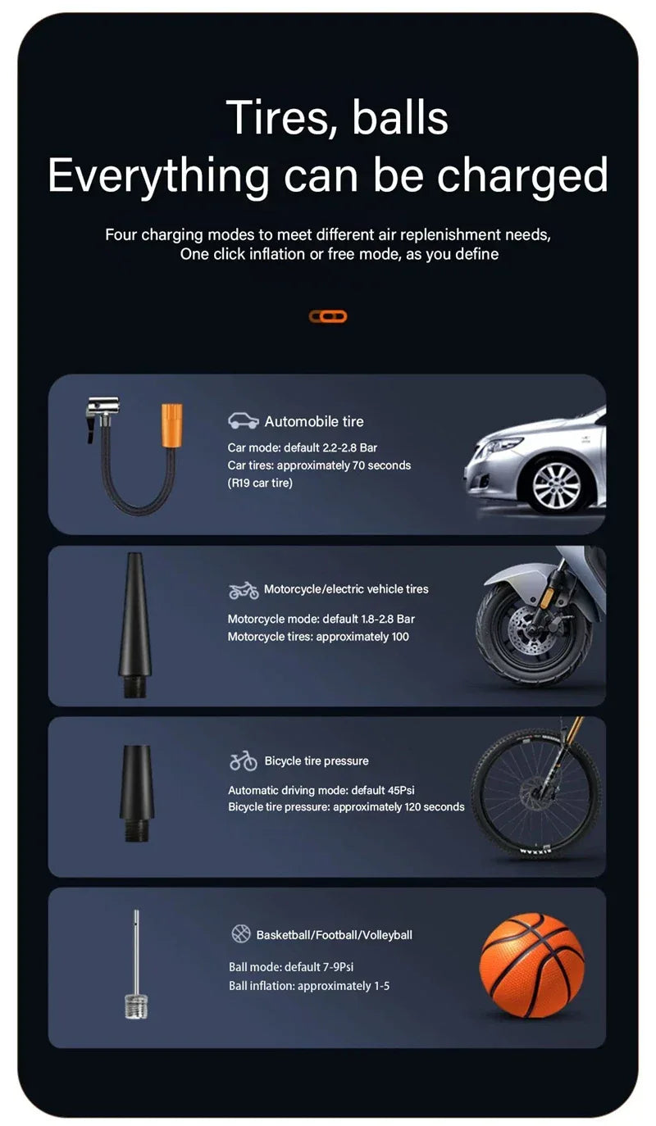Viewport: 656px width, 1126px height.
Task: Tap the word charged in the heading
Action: pos(522,175)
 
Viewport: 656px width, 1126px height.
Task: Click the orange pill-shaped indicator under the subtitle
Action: pos(328,316)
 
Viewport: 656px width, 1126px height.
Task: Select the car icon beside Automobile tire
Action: pos(244,421)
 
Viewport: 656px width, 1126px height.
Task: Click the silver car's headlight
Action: pos(497,447)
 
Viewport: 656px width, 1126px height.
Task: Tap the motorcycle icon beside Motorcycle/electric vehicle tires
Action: pos(244,590)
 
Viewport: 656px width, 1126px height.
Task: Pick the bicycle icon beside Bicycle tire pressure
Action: pos(244,761)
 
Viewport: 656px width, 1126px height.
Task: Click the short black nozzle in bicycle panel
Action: pos(136,791)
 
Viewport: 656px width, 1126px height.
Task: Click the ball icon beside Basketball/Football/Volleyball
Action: pos(240,934)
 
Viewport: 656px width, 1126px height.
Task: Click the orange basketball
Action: pos(531,965)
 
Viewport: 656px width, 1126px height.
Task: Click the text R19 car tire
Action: pos(260,483)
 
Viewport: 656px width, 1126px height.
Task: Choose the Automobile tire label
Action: pos(313,421)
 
